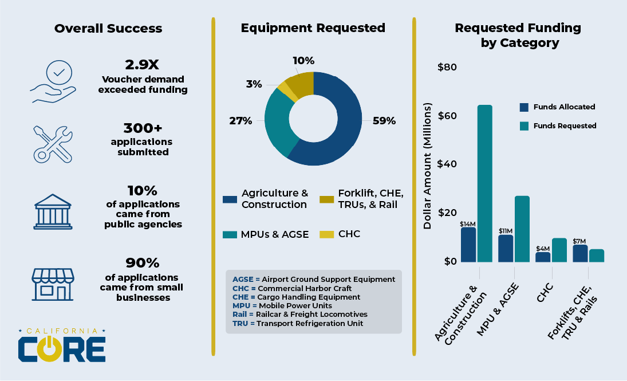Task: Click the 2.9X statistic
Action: click(143, 65)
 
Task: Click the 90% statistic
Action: click(142, 263)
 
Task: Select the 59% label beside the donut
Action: click(383, 121)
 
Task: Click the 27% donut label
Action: click(240, 121)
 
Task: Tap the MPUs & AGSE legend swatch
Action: click(230, 234)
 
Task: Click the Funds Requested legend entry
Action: click(558, 125)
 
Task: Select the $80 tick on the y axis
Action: click(447, 67)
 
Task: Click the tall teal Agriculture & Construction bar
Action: click(485, 183)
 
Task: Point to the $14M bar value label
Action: click(468, 223)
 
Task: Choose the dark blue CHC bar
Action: click(542, 257)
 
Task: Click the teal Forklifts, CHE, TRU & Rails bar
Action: click(596, 256)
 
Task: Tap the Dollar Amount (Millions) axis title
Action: click(427, 167)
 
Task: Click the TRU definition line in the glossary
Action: click(297, 323)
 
